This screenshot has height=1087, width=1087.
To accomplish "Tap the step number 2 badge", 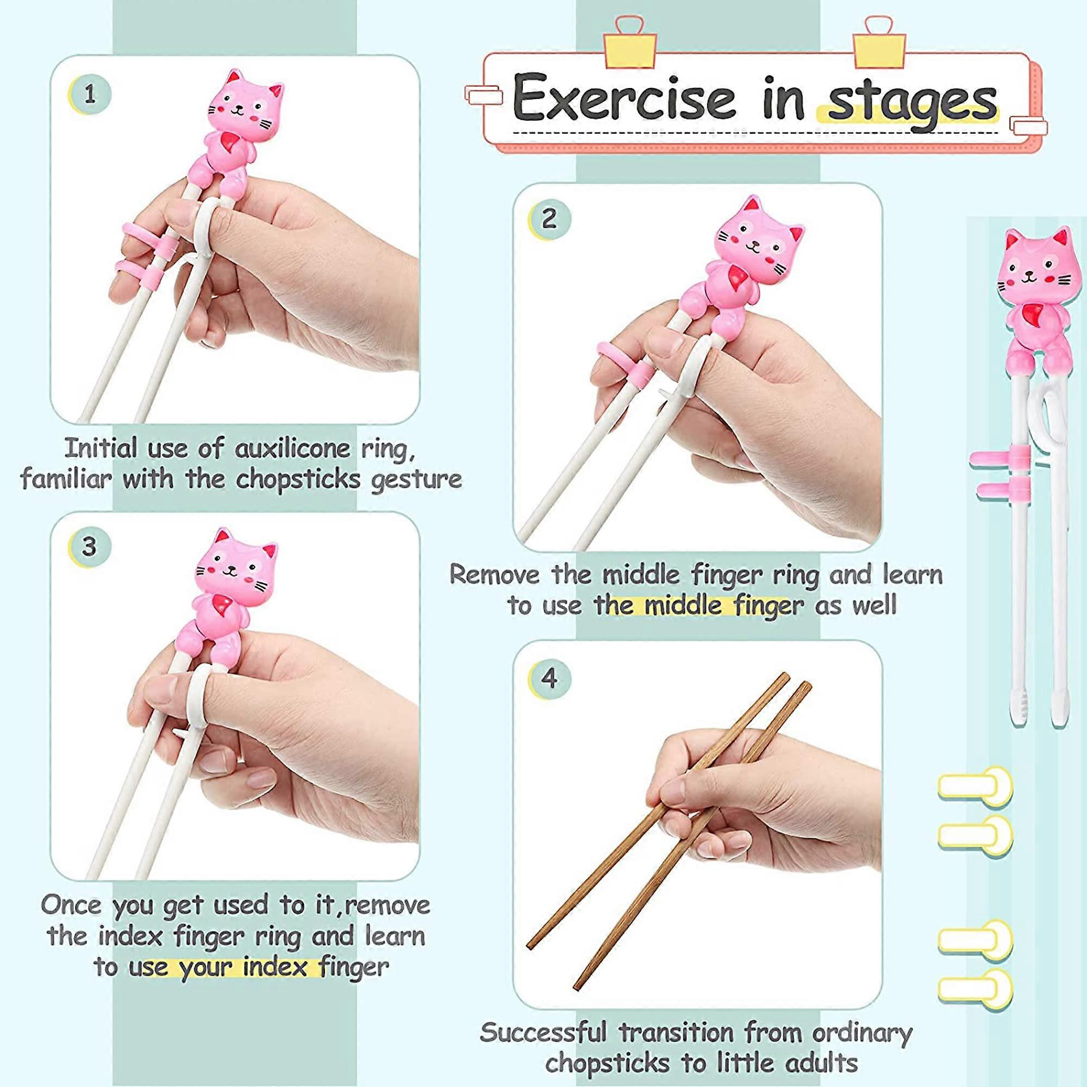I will (549, 219).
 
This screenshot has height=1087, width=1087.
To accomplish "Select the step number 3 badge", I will (89, 547).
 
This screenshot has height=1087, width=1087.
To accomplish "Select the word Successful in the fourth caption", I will (543, 1033).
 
